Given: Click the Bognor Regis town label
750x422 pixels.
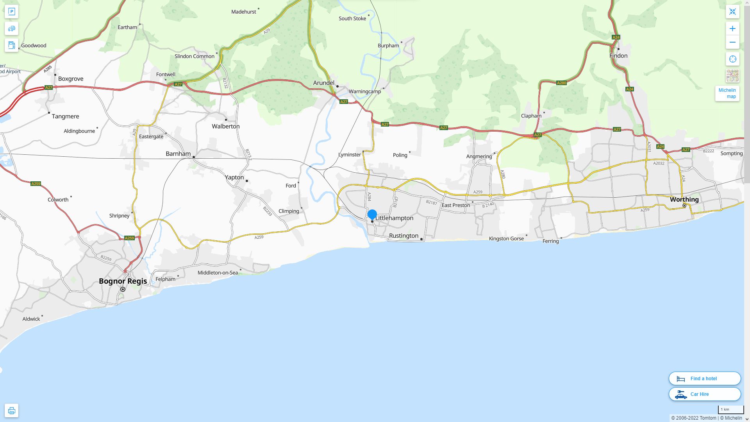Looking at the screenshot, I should point(123,281).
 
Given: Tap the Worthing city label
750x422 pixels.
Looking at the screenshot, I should point(684,199).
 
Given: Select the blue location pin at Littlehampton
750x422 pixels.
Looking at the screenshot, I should point(372,215).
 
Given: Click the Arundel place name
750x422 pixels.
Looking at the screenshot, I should point(323,83).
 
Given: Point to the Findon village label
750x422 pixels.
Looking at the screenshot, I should point(618,55).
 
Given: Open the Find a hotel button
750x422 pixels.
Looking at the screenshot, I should point(704,378).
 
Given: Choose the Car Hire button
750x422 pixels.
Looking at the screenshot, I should point(704,394).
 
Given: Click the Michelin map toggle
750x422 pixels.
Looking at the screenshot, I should point(727,93).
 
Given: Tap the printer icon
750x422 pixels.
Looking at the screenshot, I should point(11,410).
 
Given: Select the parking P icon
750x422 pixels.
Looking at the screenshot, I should point(11,11).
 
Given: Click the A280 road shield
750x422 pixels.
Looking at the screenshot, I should point(561,83).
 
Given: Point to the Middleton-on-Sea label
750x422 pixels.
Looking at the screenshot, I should point(218,273).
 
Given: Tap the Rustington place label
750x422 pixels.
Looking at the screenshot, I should point(404,236).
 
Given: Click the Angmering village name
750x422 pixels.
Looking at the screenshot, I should point(479,156).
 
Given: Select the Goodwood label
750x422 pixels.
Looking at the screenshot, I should point(34,45).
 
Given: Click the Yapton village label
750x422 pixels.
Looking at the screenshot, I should point(234,177).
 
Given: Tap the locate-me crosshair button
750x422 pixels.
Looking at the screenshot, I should point(732,59).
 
